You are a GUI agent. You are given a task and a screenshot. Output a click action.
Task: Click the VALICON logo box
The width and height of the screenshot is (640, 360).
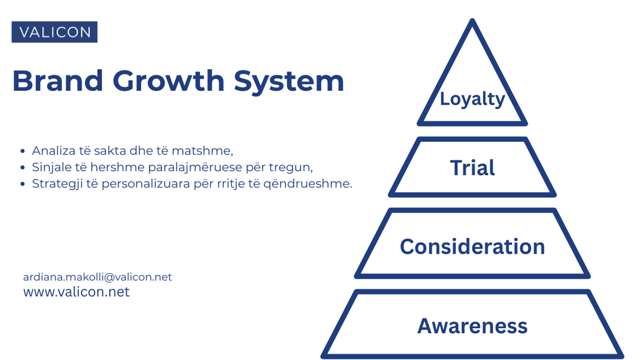54,32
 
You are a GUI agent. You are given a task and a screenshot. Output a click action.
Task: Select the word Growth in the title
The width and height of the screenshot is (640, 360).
169,81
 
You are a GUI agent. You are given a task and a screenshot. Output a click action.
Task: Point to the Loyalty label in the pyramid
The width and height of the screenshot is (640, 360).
472,99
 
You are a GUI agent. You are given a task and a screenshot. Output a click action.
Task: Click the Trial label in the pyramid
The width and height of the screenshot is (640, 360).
472,168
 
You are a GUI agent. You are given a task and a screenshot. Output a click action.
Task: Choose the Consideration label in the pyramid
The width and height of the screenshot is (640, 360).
472,246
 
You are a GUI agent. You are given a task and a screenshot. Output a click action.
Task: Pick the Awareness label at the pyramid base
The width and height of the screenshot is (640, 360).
472,325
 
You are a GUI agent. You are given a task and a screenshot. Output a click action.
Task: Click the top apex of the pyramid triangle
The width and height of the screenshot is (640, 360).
472,22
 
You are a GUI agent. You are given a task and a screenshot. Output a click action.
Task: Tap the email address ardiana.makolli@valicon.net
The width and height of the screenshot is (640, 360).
97,277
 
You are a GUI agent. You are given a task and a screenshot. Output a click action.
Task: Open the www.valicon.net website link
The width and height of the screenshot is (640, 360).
76,292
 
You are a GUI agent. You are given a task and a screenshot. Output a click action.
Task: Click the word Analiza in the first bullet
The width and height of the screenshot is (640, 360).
53,152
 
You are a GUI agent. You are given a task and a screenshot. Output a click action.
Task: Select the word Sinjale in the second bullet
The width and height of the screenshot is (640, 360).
51,167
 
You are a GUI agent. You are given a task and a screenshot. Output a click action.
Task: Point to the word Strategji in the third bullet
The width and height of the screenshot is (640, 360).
56,184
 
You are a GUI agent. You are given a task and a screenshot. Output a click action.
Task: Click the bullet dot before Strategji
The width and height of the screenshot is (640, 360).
24,184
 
